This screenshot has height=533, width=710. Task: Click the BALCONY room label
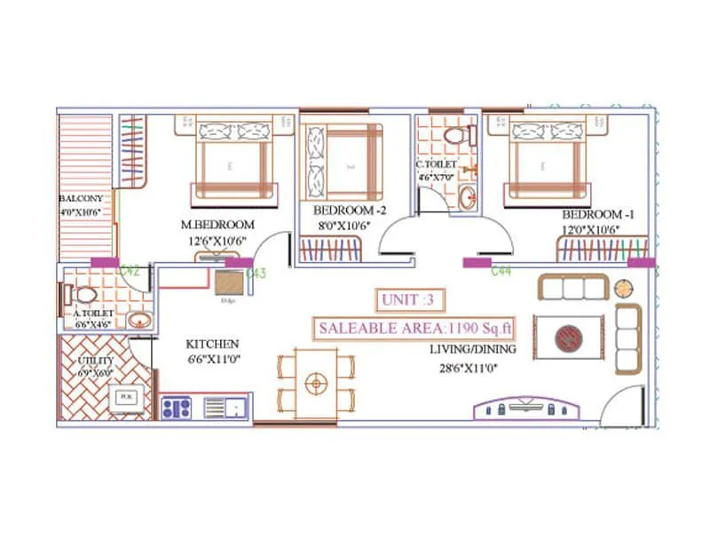point(82,199)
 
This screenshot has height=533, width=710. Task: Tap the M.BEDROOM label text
point(217,225)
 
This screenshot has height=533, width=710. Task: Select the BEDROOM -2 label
point(344,211)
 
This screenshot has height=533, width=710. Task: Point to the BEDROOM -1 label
point(593,216)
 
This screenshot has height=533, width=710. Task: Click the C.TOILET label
point(436,165)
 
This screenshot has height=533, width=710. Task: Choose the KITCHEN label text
point(211,343)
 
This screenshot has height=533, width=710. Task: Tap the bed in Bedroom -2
point(343,163)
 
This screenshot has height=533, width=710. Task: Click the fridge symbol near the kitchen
point(228,282)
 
